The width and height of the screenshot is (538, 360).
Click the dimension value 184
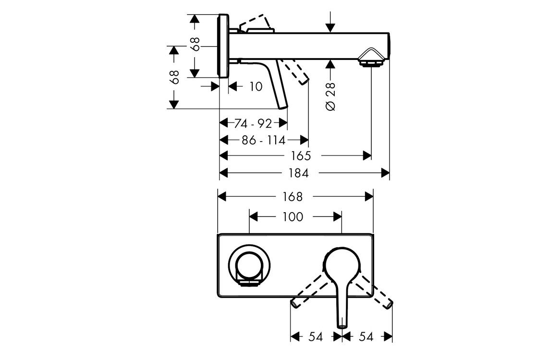tap(299, 173)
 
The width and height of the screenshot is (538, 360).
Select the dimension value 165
tap(301, 156)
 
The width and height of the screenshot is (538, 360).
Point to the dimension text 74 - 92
tap(253, 124)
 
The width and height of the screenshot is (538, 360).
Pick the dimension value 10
tap(256, 86)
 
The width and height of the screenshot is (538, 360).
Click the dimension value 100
tap(293, 217)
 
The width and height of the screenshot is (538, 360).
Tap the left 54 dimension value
tap(315, 337)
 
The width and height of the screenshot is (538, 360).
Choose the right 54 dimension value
tap(366, 337)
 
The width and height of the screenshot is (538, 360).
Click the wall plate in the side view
tap(223, 46)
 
